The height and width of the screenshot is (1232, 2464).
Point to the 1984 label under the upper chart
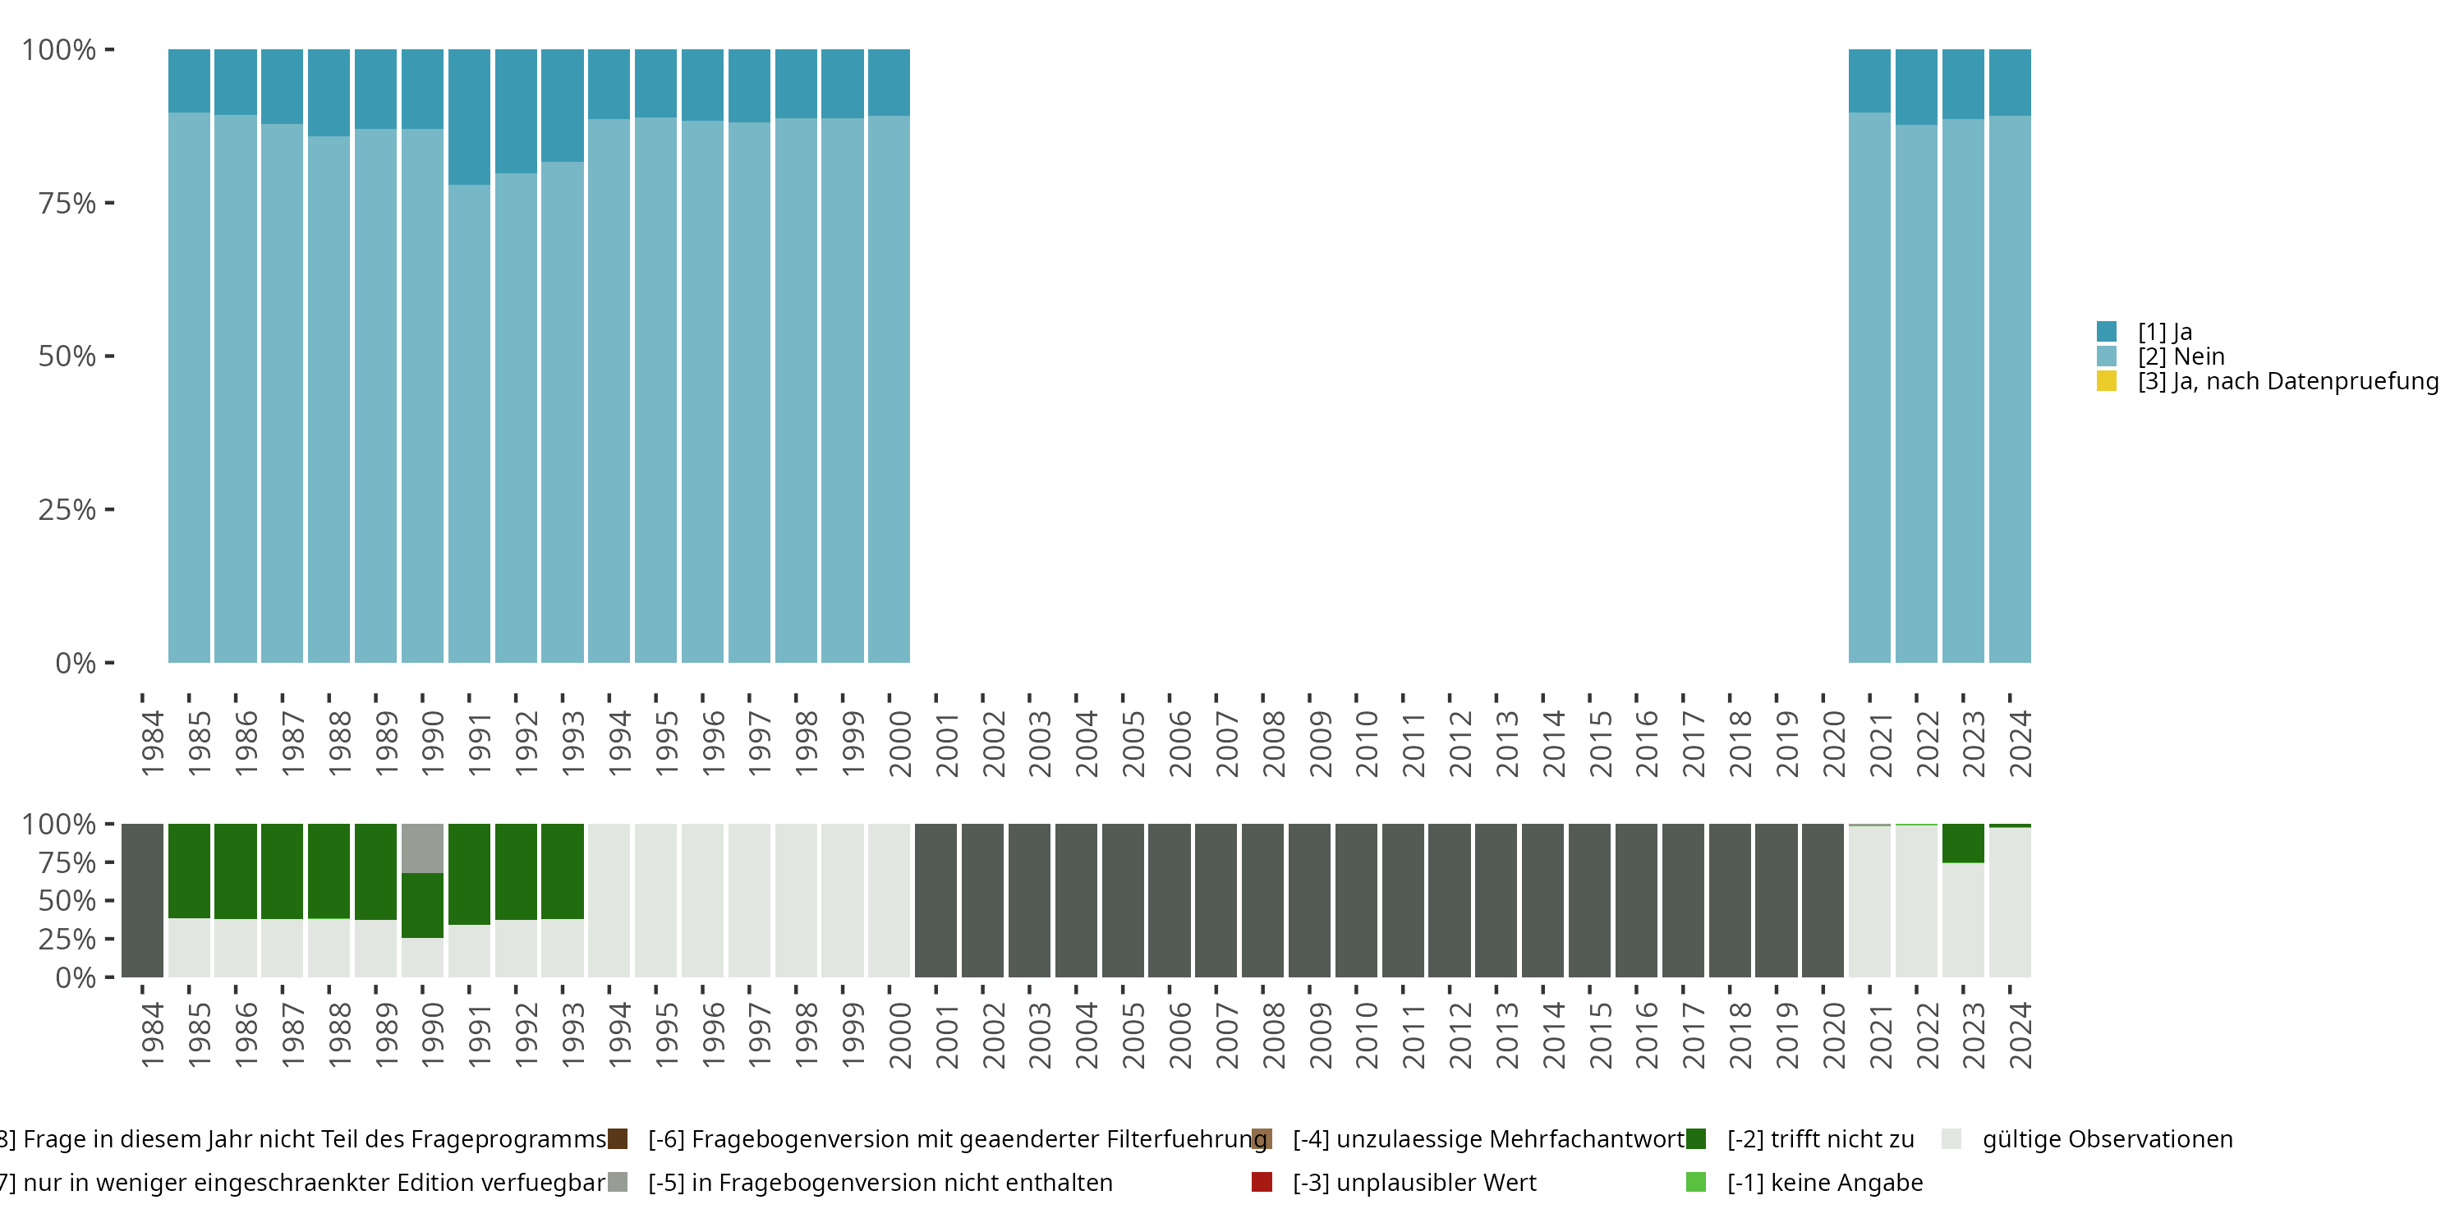pos(152,743)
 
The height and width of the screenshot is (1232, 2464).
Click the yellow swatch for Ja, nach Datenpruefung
pos(2106,381)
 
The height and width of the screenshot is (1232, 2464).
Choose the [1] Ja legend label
pos(2164,332)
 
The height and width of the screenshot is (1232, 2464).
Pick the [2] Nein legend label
pos(2181,356)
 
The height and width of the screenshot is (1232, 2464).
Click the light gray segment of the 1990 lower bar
pos(422,848)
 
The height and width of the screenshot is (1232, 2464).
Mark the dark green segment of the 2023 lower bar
pos(1963,843)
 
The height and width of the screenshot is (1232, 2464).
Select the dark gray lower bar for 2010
pos(1355,900)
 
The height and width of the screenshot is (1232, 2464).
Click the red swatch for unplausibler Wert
pos(1262,1182)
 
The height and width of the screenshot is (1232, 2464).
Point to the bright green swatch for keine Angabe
pos(1696,1182)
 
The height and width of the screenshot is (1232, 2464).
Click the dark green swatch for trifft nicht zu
pos(1696,1139)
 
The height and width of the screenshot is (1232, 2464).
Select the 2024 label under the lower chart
pos(2019,1036)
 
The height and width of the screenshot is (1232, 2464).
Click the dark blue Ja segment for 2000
pos(889,82)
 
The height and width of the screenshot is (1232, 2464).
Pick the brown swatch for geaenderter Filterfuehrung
pos(618,1139)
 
